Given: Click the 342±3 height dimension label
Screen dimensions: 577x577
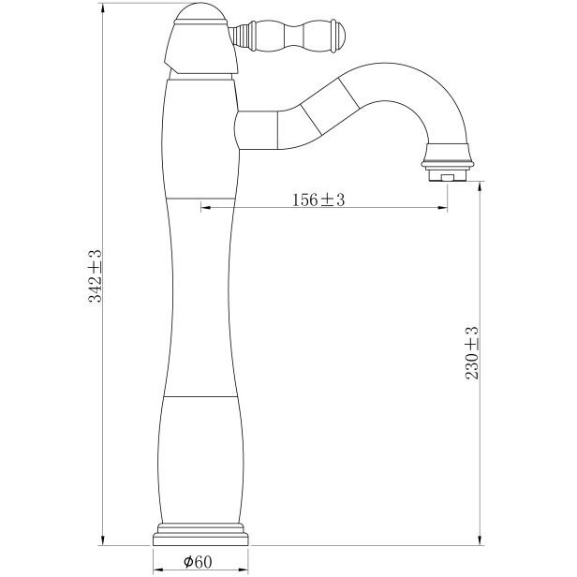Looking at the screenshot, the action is click(95, 275).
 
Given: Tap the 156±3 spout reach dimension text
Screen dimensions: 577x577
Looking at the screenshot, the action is click(318, 200).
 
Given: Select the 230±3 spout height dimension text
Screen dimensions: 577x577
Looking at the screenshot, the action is click(472, 353).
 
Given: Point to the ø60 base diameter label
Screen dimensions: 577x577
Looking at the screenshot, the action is click(198, 562).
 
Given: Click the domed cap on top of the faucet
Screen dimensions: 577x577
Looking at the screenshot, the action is click(200, 13).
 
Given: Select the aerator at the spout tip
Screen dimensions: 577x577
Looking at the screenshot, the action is click(448, 163).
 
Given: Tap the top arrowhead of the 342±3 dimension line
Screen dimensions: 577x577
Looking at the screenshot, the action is click(103, 8).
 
